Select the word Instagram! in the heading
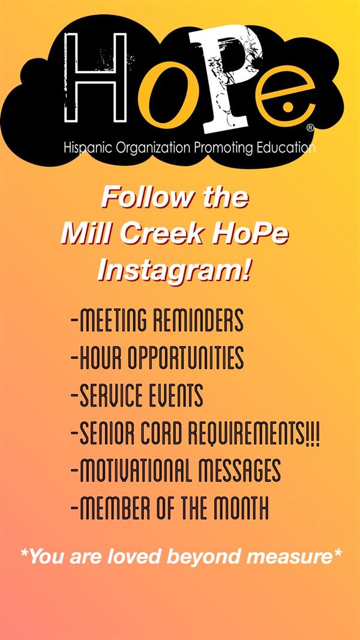coord(173,271)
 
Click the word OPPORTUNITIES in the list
coord(185,358)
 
